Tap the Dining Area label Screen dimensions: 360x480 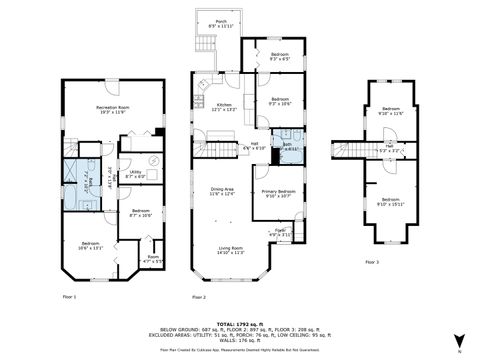click(222, 191)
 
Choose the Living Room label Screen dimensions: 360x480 click(230, 251)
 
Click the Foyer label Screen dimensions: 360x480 click(281, 233)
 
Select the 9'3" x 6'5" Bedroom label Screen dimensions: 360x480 click(279, 56)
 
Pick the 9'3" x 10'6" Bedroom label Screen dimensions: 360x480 click(279, 101)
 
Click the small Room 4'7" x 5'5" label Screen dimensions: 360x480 click(153, 259)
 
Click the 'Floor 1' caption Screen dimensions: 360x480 click(70, 297)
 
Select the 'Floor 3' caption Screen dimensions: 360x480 click(371, 262)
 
